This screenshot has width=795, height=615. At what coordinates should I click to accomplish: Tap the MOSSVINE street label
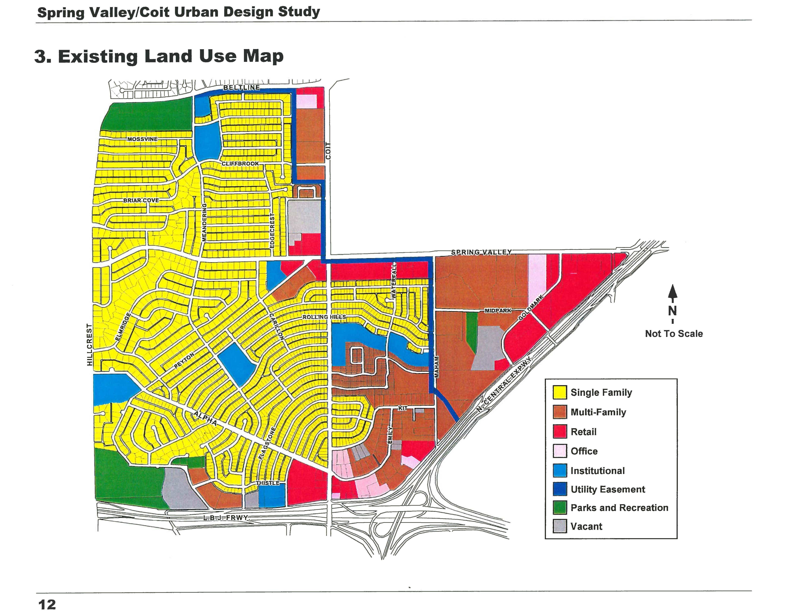[142, 139]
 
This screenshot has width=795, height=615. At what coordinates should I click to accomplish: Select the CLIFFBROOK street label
[240, 164]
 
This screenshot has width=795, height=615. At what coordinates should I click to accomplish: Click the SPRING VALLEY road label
[481, 252]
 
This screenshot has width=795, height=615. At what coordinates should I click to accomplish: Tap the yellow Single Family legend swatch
[560, 392]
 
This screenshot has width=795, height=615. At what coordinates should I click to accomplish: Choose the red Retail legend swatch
[560, 432]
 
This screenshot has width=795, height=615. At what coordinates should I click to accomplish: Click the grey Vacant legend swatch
[560, 526]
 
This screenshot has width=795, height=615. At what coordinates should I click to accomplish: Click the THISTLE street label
[268, 483]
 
